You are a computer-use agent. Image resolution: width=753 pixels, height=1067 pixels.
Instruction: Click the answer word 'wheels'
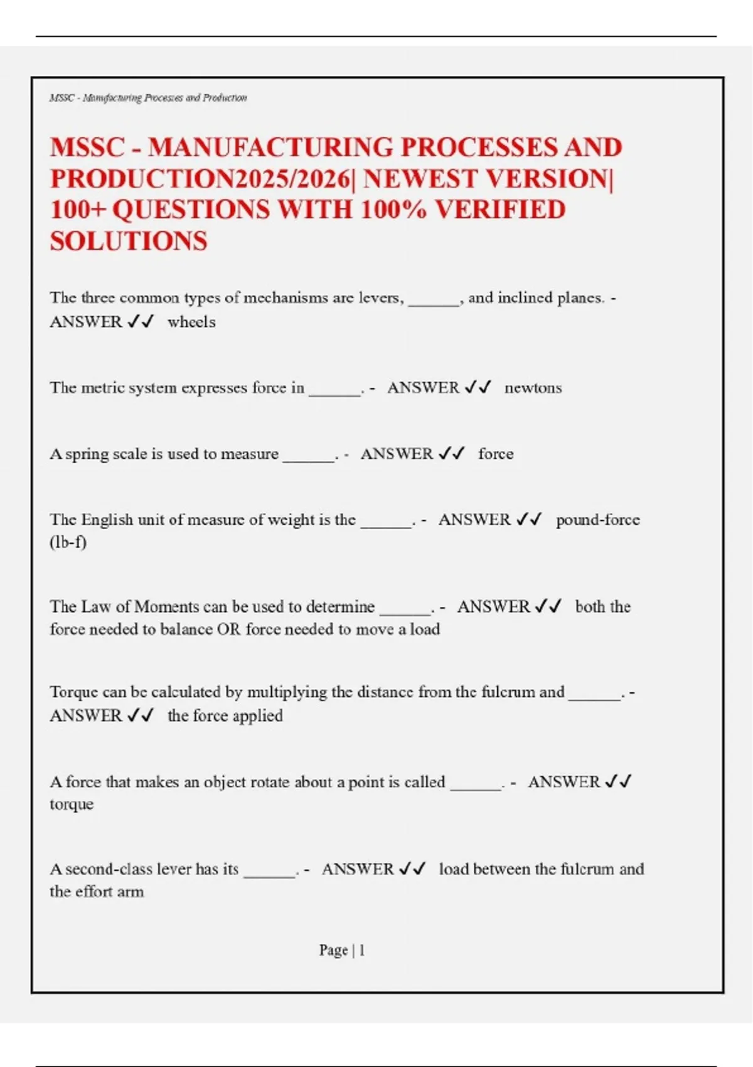(x=191, y=322)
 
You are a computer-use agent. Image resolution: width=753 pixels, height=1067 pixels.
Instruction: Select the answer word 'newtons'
(x=533, y=388)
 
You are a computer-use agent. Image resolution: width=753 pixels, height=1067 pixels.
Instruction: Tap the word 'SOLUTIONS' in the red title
(x=129, y=241)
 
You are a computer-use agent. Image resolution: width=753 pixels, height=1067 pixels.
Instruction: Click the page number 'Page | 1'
(x=342, y=950)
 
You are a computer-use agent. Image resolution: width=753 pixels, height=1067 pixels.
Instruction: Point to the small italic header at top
(x=148, y=98)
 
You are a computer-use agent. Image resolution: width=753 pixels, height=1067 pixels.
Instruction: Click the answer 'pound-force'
(x=597, y=520)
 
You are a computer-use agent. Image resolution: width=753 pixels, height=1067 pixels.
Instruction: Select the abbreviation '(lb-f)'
(x=68, y=542)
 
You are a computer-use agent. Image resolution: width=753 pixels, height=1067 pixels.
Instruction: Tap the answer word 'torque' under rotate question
(x=72, y=805)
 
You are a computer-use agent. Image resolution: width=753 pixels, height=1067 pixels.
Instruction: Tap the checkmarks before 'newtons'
(x=478, y=388)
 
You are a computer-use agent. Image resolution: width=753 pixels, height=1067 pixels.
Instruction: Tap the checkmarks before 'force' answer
(x=451, y=454)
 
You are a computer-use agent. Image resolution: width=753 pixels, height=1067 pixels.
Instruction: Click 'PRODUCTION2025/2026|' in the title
(x=203, y=179)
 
